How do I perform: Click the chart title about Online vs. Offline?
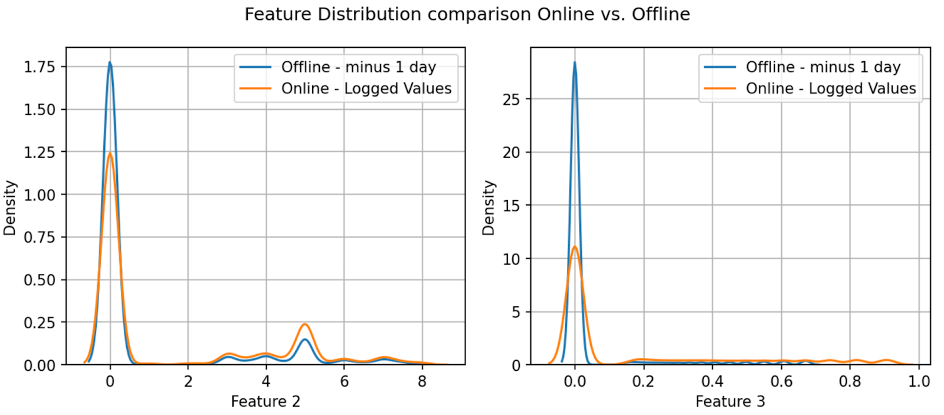[x=467, y=14]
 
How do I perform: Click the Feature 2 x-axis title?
[x=265, y=401]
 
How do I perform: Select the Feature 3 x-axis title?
[x=730, y=401]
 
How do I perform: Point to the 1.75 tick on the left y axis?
[x=39, y=67]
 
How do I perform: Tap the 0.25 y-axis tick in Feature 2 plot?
[x=39, y=322]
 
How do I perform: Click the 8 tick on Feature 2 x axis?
[x=422, y=381]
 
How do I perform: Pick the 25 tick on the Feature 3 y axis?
[x=511, y=99]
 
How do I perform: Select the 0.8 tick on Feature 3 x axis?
[x=850, y=381]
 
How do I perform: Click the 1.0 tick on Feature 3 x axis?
[x=919, y=381]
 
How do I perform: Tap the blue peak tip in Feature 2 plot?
[x=110, y=63]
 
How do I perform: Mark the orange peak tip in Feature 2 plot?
[x=110, y=154]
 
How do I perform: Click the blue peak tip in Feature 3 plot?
[x=575, y=63]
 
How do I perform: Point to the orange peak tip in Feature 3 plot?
[x=575, y=247]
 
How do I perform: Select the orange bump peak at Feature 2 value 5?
[x=305, y=324]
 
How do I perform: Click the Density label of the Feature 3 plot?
[x=489, y=208]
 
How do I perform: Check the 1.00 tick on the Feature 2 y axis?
[x=39, y=195]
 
